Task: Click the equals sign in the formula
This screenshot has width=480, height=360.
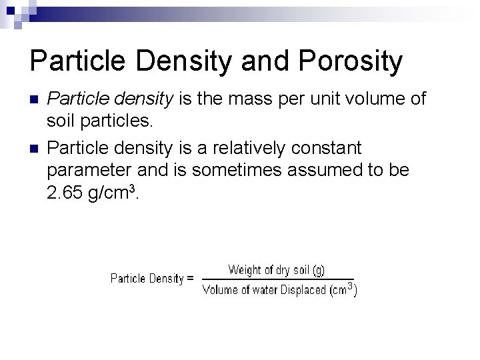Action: [191, 279]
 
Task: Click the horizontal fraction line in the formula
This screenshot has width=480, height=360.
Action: [277, 279]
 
